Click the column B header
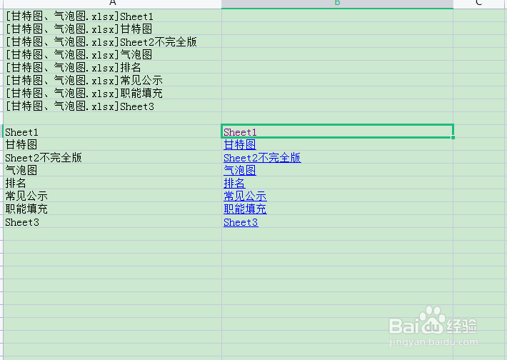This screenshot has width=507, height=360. (337, 4)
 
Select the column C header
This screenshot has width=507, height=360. (478, 4)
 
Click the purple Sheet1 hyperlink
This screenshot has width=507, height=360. (240, 132)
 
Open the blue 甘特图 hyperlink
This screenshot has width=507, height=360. (239, 145)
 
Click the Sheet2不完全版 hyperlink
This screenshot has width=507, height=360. (262, 158)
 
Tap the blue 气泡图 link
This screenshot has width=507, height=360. (239, 171)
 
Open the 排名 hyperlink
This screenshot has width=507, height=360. (234, 184)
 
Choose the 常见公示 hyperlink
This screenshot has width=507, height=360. (245, 196)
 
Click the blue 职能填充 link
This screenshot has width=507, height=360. (245, 209)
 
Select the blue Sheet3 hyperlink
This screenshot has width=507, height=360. (241, 222)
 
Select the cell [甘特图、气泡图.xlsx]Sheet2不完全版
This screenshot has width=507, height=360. (101, 42)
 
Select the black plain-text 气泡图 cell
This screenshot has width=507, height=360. (21, 171)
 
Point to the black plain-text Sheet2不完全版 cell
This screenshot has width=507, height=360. (44, 158)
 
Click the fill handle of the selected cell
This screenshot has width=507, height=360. (453, 138)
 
